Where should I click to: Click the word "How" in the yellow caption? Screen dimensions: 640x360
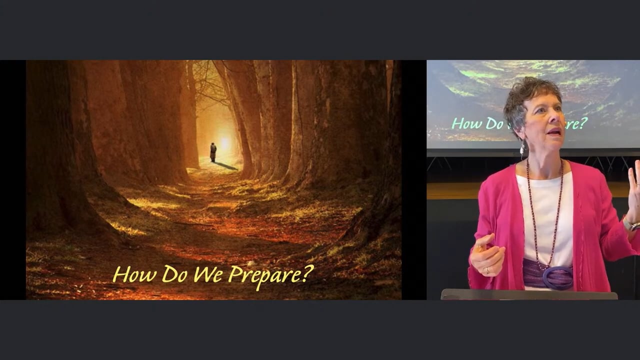point(134,274)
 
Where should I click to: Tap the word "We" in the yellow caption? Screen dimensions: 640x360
point(207,273)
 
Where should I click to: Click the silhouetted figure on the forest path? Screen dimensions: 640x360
point(213,152)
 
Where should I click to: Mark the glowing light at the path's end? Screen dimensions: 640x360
point(224,142)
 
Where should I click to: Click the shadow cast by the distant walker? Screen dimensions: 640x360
point(226,166)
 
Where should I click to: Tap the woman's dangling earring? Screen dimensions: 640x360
point(522,148)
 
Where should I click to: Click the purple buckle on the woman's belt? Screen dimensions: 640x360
point(557,277)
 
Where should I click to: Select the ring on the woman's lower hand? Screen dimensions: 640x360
point(487,269)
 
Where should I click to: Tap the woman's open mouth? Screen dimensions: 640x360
point(554,131)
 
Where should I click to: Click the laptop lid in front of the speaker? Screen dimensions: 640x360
point(529,294)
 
